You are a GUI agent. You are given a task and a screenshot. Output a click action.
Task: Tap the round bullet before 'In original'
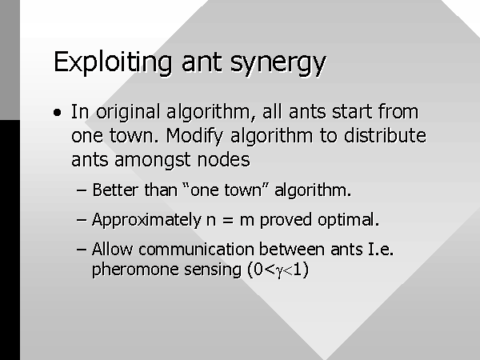point(57,113)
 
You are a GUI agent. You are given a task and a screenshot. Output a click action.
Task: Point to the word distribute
point(385,135)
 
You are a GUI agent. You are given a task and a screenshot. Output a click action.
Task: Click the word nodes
point(223,159)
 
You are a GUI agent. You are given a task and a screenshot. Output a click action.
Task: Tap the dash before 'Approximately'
point(81,220)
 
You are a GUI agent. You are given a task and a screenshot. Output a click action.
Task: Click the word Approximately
point(146,221)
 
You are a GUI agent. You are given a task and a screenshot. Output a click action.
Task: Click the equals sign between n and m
point(228,220)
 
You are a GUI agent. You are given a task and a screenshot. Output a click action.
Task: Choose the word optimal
point(348,220)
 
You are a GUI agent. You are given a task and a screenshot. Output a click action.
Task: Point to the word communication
point(198,249)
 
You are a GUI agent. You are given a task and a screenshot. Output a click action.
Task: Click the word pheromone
point(135,270)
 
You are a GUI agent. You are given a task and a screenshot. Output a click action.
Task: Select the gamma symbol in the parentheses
point(279,271)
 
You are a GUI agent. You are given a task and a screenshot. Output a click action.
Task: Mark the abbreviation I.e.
point(381,249)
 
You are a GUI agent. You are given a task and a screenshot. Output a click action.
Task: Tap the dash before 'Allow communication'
point(81,249)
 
